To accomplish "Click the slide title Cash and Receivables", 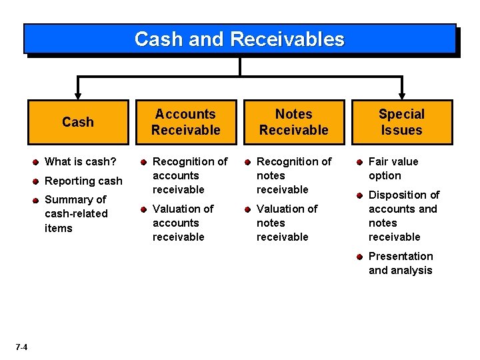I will (239, 39).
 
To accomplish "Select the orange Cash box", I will (78, 122).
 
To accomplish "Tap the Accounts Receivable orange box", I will (185, 122).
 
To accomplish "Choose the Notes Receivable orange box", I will (293, 122).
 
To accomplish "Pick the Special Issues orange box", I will (401, 122).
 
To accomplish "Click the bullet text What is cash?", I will (80, 162).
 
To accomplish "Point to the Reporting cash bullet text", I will (83, 181).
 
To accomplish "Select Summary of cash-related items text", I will (75, 213).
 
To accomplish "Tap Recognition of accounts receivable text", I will (189, 175).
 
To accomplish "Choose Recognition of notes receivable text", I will (293, 175).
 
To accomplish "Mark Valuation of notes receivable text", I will (287, 223).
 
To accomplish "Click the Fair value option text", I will (393, 169).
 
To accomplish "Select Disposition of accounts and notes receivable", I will (403, 215).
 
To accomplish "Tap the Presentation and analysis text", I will (401, 263).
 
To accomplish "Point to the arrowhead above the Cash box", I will (78, 95).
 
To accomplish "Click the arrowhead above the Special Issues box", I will (401, 95).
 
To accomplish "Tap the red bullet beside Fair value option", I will (359, 162).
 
